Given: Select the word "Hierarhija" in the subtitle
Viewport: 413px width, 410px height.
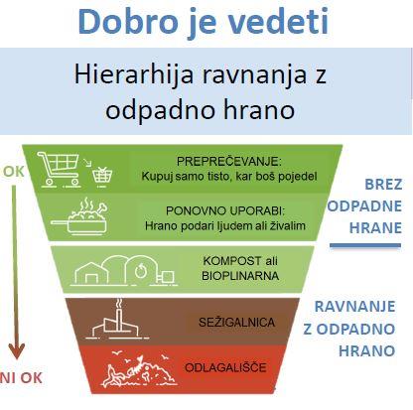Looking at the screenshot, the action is click(x=134, y=74).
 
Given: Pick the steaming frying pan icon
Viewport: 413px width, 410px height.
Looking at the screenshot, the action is click(x=79, y=216).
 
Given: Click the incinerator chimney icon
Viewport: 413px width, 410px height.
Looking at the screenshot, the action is click(x=117, y=320).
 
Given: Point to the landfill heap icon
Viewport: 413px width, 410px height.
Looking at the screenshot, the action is click(x=139, y=370).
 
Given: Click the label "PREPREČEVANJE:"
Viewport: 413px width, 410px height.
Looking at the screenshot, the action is click(x=229, y=162).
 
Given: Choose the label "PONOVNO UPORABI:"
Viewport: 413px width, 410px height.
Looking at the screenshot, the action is click(x=225, y=210).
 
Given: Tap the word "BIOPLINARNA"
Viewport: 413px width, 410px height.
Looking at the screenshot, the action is click(x=240, y=276).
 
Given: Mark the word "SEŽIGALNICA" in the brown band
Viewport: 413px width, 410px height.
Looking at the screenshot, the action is click(x=236, y=323).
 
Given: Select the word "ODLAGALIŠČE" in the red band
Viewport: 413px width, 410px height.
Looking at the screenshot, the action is click(x=225, y=367).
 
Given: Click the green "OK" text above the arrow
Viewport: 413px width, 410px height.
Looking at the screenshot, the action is click(x=14, y=172).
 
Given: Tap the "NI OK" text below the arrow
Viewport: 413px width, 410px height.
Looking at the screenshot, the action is click(x=21, y=378).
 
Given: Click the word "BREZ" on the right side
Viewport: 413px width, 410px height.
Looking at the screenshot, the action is click(x=383, y=185).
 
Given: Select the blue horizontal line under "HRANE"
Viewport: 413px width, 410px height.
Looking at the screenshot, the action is click(x=365, y=245).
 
